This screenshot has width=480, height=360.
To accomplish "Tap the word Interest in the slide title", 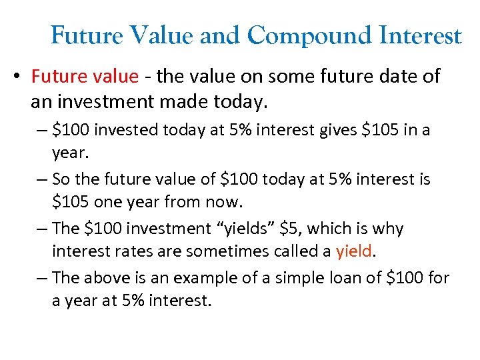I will [x=419, y=35].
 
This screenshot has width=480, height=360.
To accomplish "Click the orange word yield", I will [x=353, y=251].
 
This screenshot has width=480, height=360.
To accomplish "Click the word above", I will [x=109, y=277].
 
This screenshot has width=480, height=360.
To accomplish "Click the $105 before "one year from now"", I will [x=71, y=202].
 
